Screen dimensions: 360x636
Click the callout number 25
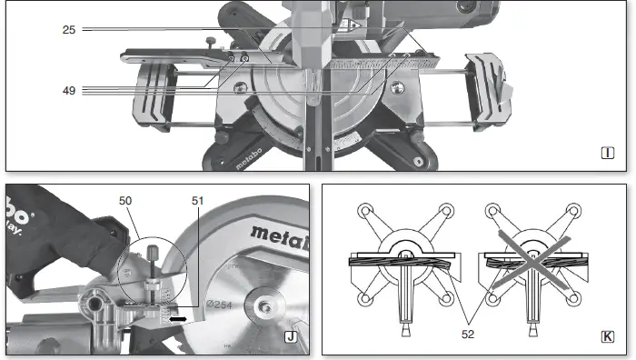pyautogui.click(x=68, y=30)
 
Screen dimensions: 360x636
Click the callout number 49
pyautogui.click(x=68, y=90)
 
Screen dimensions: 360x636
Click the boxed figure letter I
pyautogui.click(x=608, y=152)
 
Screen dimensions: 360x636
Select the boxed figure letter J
pyautogui.click(x=291, y=337)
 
